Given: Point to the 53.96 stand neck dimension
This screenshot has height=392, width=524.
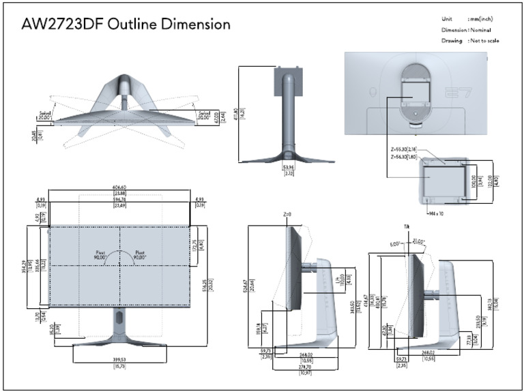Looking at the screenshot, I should [x=288, y=167].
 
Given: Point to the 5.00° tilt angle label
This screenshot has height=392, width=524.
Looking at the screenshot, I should [x=395, y=243].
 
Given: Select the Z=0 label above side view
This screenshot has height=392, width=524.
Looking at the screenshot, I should [x=287, y=213].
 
